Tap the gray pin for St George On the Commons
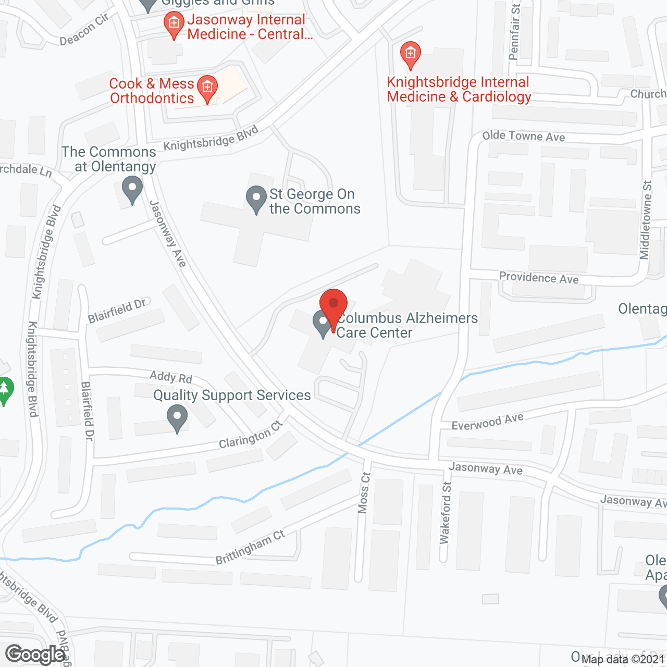click(x=256, y=199)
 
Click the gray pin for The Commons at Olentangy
click(x=132, y=190)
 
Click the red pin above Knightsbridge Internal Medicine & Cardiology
click(x=411, y=55)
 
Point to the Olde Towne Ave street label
click(x=523, y=136)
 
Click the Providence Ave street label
click(x=539, y=278)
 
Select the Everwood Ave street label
click(x=487, y=422)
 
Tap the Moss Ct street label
click(x=364, y=492)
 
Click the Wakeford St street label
click(x=446, y=513)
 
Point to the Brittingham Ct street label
click(x=250, y=547)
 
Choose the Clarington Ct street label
click(x=251, y=435)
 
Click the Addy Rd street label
click(x=171, y=377)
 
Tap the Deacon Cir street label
click(x=84, y=30)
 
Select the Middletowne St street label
click(x=646, y=220)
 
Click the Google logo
click(x=35, y=654)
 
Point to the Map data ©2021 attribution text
click(x=623, y=659)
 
